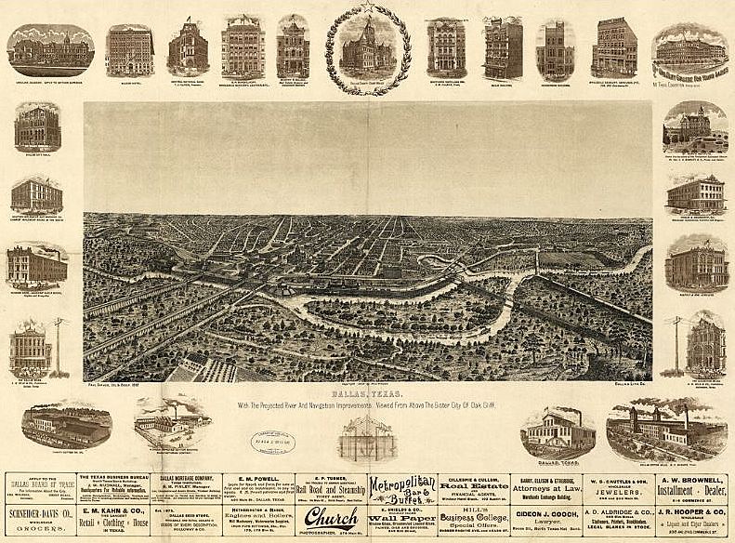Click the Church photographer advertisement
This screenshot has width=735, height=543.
[x=331, y=519]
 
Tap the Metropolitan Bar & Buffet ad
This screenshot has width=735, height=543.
[x=401, y=489]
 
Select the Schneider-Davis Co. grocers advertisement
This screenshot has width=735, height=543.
[x=43, y=518]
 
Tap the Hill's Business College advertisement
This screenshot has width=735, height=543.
[x=474, y=519]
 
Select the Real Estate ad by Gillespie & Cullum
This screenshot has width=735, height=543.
[x=474, y=486]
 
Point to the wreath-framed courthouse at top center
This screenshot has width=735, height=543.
[x=367, y=45]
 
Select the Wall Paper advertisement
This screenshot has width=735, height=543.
[x=401, y=519]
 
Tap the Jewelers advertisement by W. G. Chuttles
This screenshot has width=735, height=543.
[x=620, y=487]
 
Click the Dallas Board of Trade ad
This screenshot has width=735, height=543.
[x=43, y=487]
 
